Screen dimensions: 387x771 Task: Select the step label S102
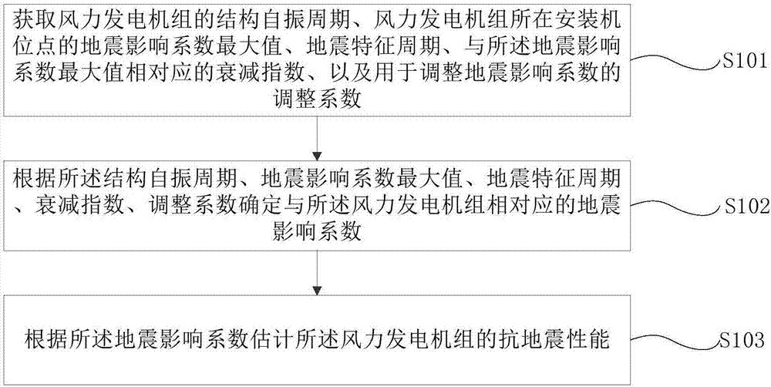[743, 207]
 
